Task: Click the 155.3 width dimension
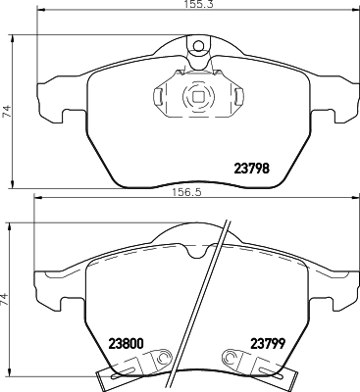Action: (196, 5)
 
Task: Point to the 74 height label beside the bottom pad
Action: (4, 299)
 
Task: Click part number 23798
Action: (252, 169)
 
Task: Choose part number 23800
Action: (126, 344)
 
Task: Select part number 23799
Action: (268, 343)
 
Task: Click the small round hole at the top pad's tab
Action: (198, 46)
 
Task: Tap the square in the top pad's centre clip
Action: (198, 97)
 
